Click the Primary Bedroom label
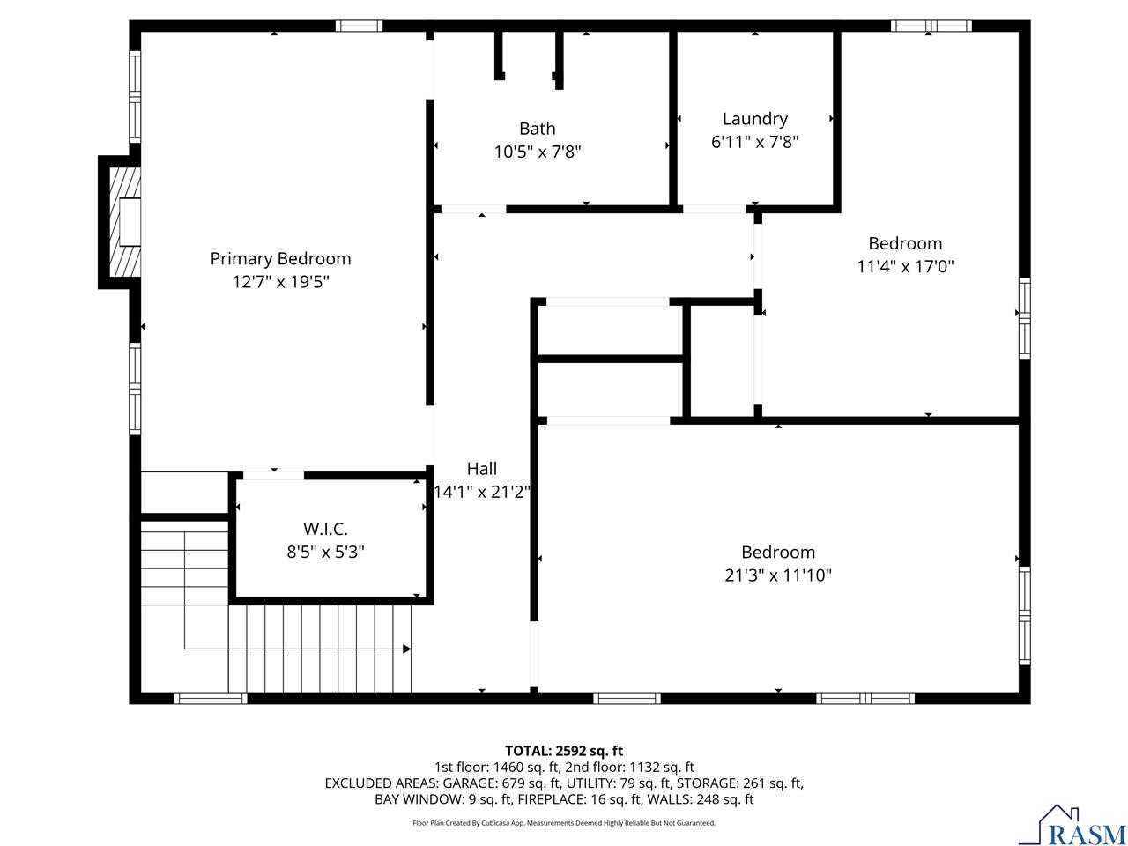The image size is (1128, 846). tap(280, 258)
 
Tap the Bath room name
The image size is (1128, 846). tap(537, 129)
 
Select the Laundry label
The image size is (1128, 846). tap(754, 119)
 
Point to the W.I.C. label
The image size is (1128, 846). tap(325, 529)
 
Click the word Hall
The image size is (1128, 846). tap(481, 469)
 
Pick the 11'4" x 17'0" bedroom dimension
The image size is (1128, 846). tap(905, 267)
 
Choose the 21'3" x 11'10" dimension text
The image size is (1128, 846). tap(777, 575)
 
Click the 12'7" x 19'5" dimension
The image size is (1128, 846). tap(280, 282)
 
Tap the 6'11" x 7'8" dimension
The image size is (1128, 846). tap(754, 142)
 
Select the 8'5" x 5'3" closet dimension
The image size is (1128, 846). tap(325, 553)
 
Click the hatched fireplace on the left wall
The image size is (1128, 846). tap(125, 222)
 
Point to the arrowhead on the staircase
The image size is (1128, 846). tap(406, 649)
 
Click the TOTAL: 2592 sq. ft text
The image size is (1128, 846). tap(564, 751)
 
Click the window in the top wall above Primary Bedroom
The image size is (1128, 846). tap(359, 26)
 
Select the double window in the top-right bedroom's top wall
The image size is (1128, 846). tap(931, 26)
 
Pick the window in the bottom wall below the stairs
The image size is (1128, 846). tap(211, 698)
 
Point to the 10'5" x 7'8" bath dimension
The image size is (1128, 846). tap(537, 152)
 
